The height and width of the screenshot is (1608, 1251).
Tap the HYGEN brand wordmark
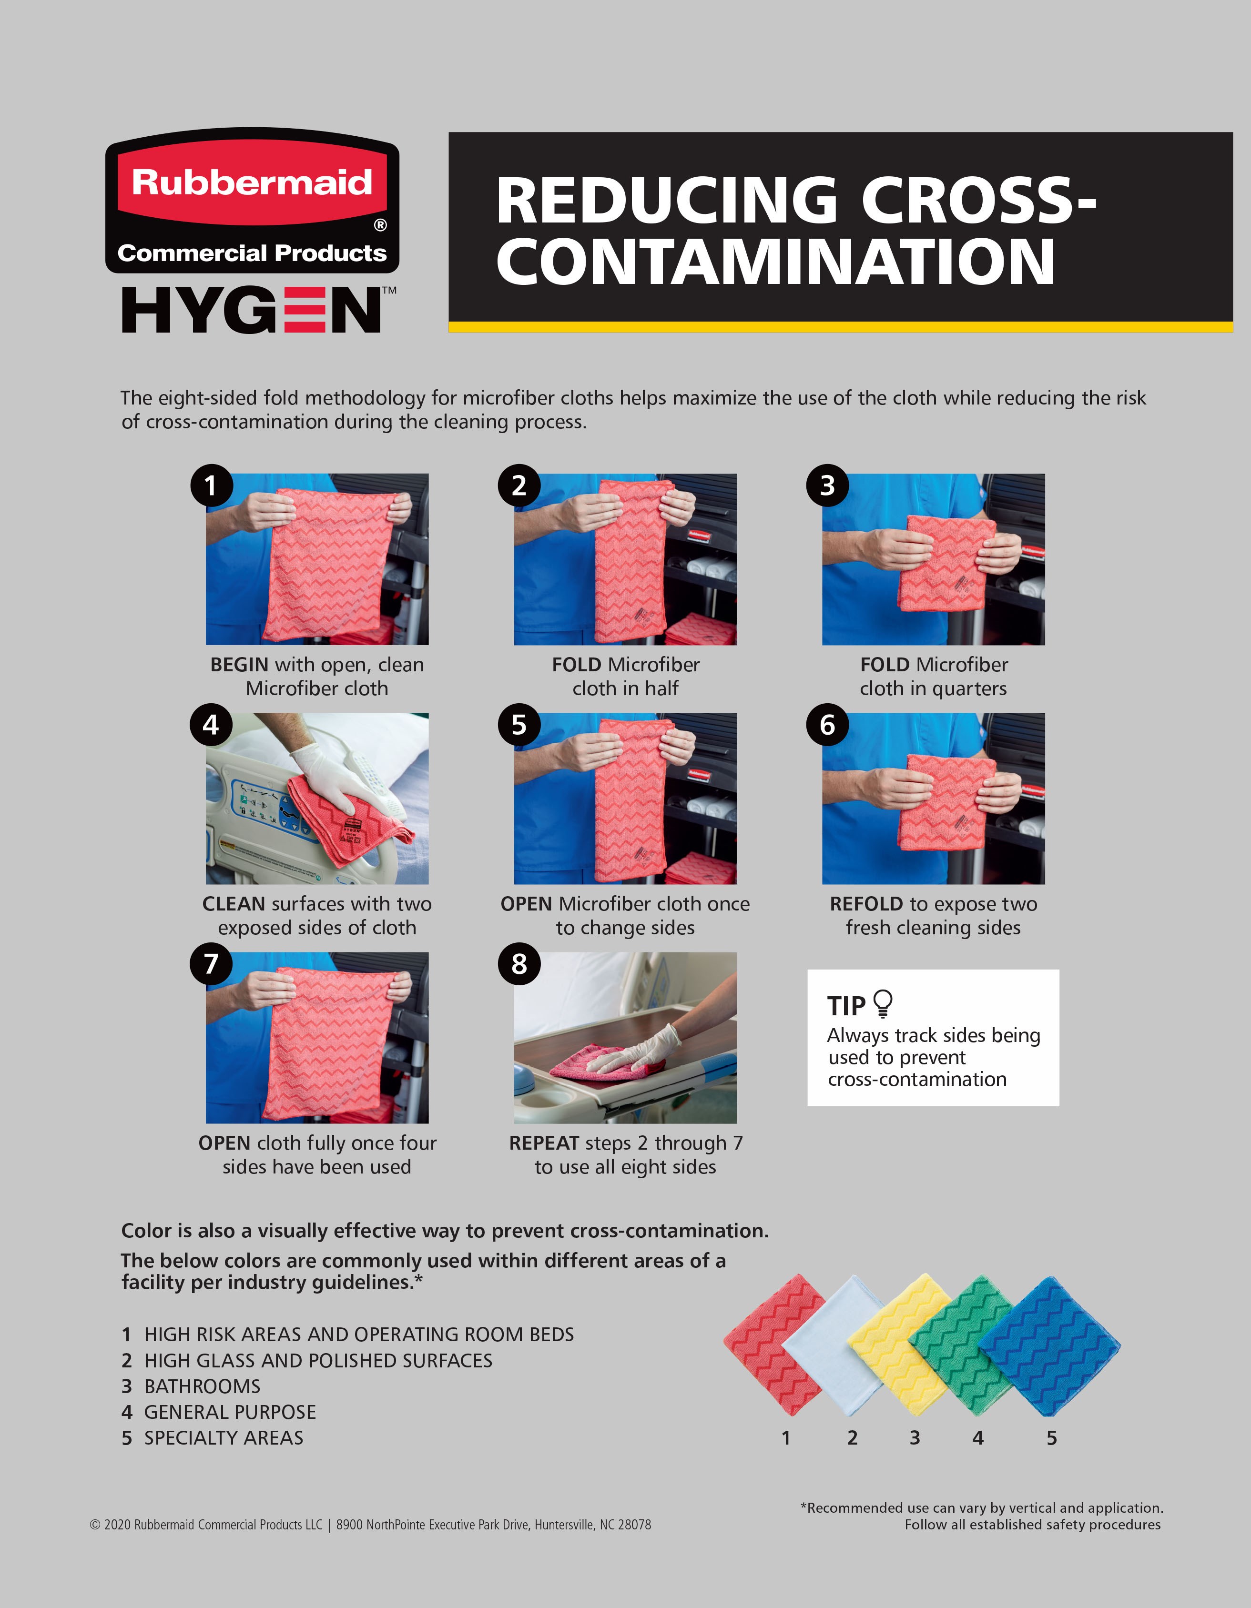pos(258,310)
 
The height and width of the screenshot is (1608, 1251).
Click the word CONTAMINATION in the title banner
pos(776,262)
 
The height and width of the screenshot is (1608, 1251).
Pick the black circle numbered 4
pos(211,725)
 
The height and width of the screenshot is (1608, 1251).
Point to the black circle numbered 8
pos(519,964)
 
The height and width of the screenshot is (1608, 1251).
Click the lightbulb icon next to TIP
pos(882,1003)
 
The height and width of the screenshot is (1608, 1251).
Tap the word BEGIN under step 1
pos(239,665)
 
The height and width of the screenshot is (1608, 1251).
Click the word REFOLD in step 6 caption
pos(866,904)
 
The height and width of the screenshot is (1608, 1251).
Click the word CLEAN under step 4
pos(234,904)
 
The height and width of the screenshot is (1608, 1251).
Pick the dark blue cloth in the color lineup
pos(1049,1346)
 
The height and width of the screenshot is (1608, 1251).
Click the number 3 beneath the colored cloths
pos(915,1438)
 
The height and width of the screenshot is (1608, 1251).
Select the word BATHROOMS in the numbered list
pos(203,1386)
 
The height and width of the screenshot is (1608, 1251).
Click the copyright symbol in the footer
pos(95,1525)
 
